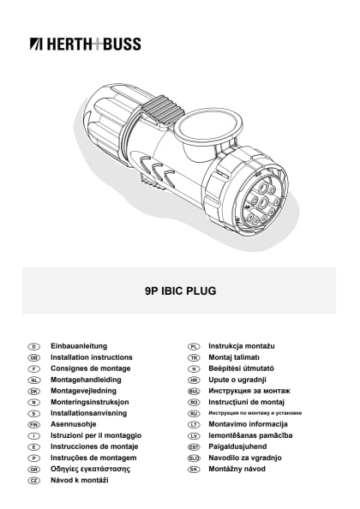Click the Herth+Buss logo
85,44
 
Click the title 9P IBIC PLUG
180,290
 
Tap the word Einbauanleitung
79,345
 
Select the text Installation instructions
92,356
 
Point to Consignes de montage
90,368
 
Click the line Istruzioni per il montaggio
96,435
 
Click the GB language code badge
34,356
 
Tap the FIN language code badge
34,424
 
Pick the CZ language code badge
34,480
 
